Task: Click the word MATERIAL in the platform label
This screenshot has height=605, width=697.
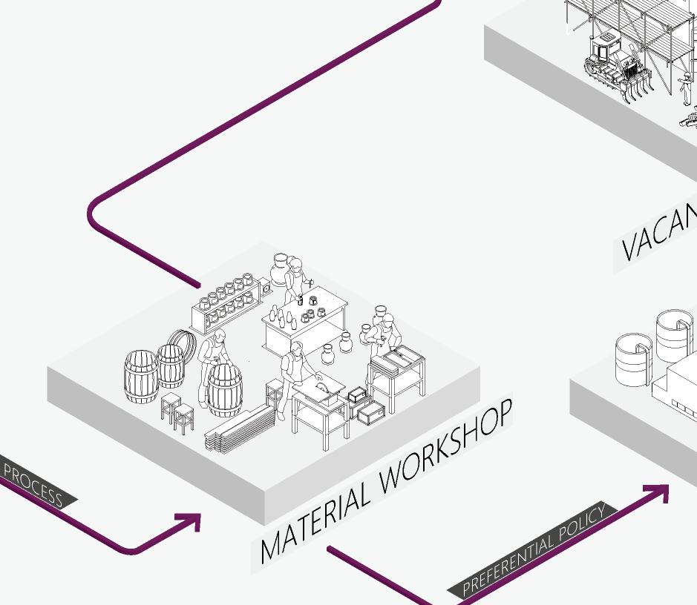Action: point(315,523)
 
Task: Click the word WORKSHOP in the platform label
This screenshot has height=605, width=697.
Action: point(445,449)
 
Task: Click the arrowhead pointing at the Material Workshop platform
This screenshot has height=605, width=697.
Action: point(192,522)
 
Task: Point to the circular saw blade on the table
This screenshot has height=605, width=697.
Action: point(318,386)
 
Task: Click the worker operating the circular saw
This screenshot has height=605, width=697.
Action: point(292,374)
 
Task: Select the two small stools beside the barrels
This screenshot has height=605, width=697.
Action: point(177,413)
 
